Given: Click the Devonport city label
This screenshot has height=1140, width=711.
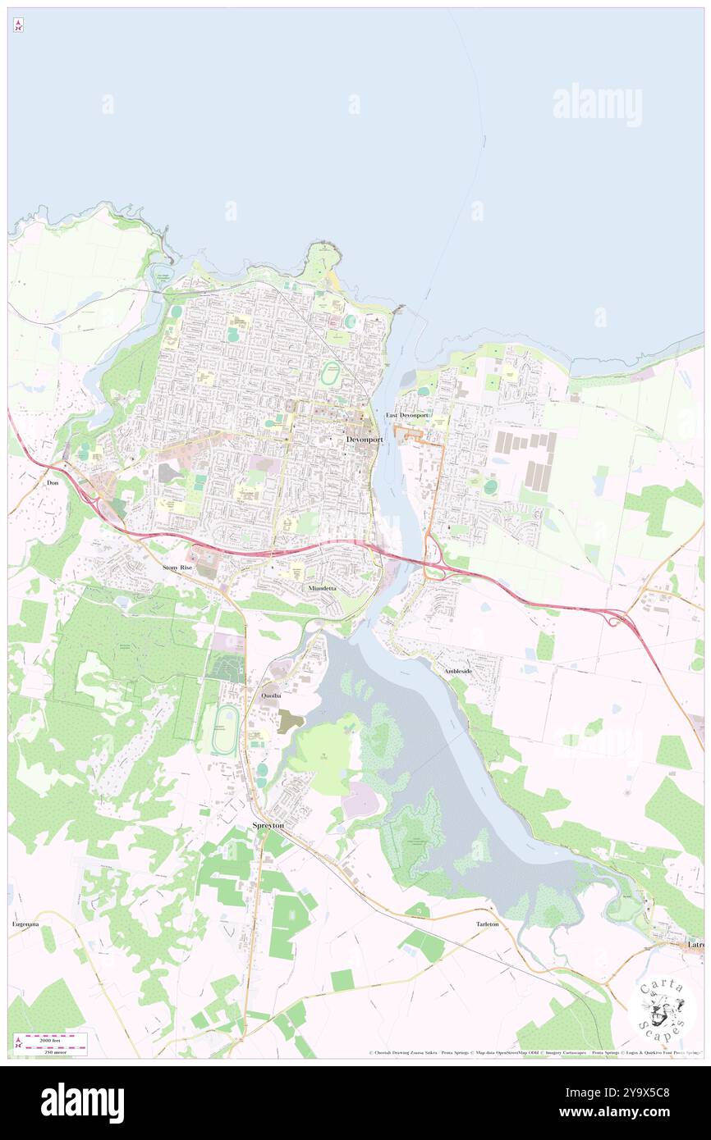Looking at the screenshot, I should [x=365, y=440].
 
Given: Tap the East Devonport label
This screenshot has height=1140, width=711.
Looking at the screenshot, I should [x=408, y=416].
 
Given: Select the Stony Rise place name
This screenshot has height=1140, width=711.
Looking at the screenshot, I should [x=177, y=568].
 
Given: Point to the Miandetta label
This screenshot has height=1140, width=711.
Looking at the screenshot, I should [x=322, y=589].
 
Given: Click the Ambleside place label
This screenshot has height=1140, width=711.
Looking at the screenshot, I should [x=458, y=671].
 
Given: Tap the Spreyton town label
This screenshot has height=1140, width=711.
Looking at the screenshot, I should [x=268, y=826].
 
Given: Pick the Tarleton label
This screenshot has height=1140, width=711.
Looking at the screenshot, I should [x=487, y=924].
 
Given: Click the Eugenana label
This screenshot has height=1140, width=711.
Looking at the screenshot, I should [x=25, y=924].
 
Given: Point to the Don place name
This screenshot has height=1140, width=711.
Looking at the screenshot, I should [x=54, y=484].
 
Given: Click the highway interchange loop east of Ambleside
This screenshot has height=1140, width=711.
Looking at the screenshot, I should [x=612, y=619].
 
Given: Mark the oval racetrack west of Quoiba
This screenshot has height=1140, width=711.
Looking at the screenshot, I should [x=225, y=729].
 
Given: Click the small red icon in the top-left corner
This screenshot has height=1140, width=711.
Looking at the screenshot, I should [x=18, y=25].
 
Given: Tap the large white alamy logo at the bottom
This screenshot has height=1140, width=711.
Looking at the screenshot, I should [x=82, y=1103].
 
